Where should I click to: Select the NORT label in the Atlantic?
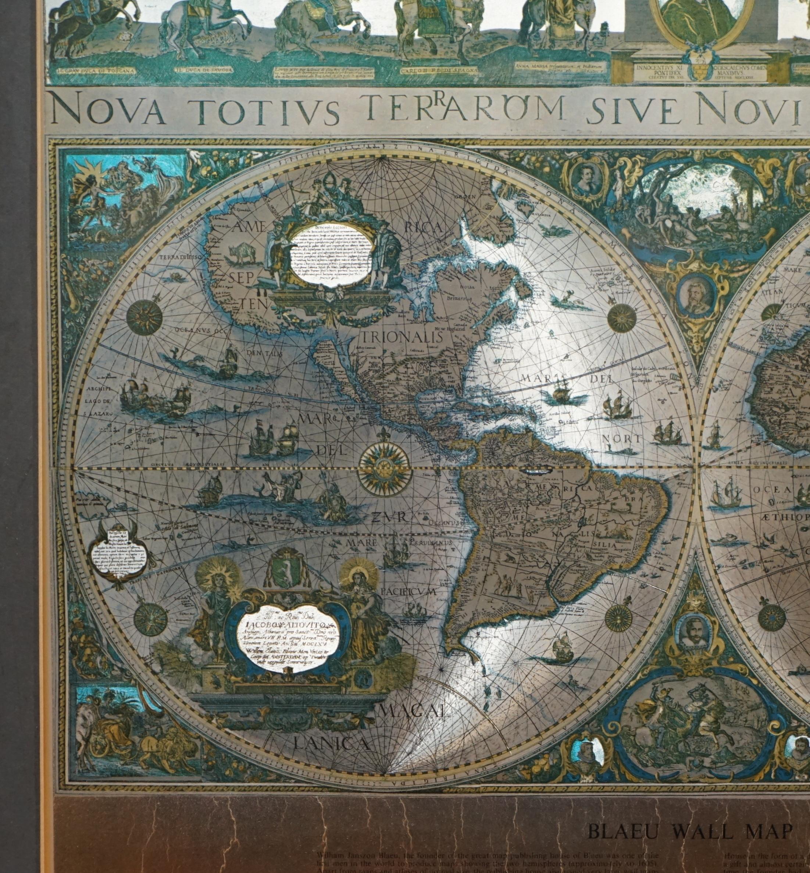(x=621, y=438)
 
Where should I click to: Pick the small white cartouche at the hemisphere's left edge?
(x=119, y=555)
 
